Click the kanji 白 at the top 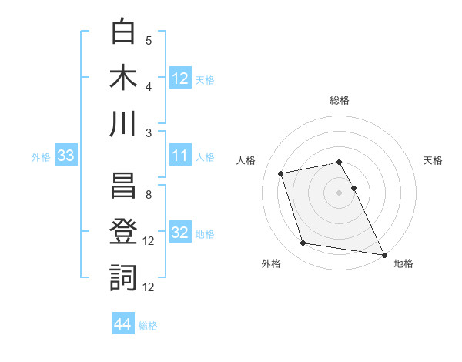(124, 32)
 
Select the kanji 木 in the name (124, 78)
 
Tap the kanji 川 (124, 123)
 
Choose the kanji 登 (124, 232)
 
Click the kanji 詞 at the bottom (124, 278)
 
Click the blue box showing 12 (180, 78)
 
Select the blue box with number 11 (180, 156)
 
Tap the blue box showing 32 (180, 233)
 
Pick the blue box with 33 (65, 156)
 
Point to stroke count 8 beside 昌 (148, 194)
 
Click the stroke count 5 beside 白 (148, 40)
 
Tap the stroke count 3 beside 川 (148, 132)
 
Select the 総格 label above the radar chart (340, 100)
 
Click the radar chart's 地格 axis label (403, 263)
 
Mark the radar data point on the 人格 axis (281, 173)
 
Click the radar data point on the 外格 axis (303, 243)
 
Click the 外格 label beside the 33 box (41, 157)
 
